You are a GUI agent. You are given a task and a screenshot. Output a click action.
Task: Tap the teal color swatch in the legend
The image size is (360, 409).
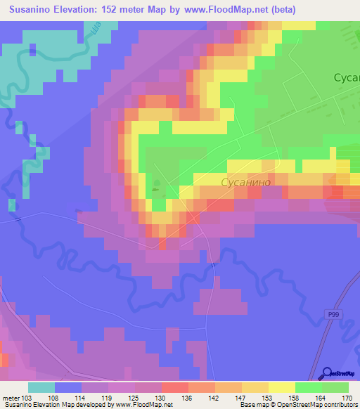pos(41,387)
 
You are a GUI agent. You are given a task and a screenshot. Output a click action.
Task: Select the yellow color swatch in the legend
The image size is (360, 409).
pos(282,387)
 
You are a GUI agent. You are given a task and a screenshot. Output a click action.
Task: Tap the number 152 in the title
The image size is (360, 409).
pos(129,10)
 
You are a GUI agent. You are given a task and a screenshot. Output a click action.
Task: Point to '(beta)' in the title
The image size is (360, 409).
pos(280,10)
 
